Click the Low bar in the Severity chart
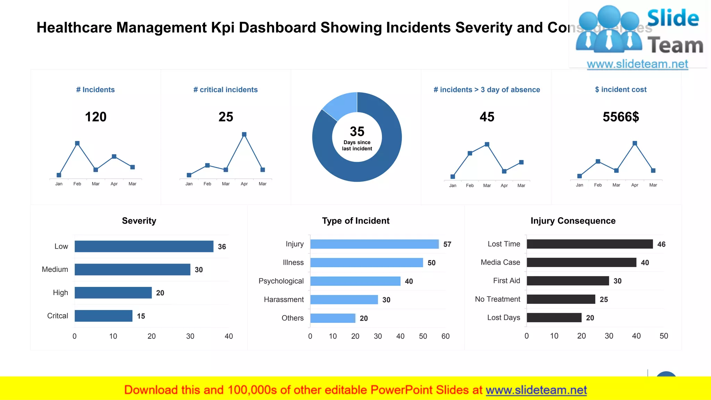click(x=144, y=246)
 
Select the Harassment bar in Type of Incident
click(x=344, y=300)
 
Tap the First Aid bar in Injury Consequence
click(x=568, y=281)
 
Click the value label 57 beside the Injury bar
click(x=447, y=244)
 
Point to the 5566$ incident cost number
click(x=621, y=117)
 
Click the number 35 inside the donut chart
click(x=357, y=132)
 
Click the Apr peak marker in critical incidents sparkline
click(x=244, y=134)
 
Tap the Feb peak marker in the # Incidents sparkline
click(x=77, y=143)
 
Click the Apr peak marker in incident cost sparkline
click(x=635, y=143)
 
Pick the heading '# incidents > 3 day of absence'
click(x=487, y=90)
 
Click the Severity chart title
click(x=139, y=221)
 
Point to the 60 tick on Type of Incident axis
click(x=445, y=336)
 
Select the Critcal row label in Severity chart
click(x=58, y=316)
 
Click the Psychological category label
click(x=281, y=281)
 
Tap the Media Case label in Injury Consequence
click(x=500, y=262)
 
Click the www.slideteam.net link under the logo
click(x=637, y=64)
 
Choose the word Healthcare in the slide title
click(x=74, y=28)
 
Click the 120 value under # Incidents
click(x=96, y=117)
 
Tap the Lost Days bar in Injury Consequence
click(x=554, y=318)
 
